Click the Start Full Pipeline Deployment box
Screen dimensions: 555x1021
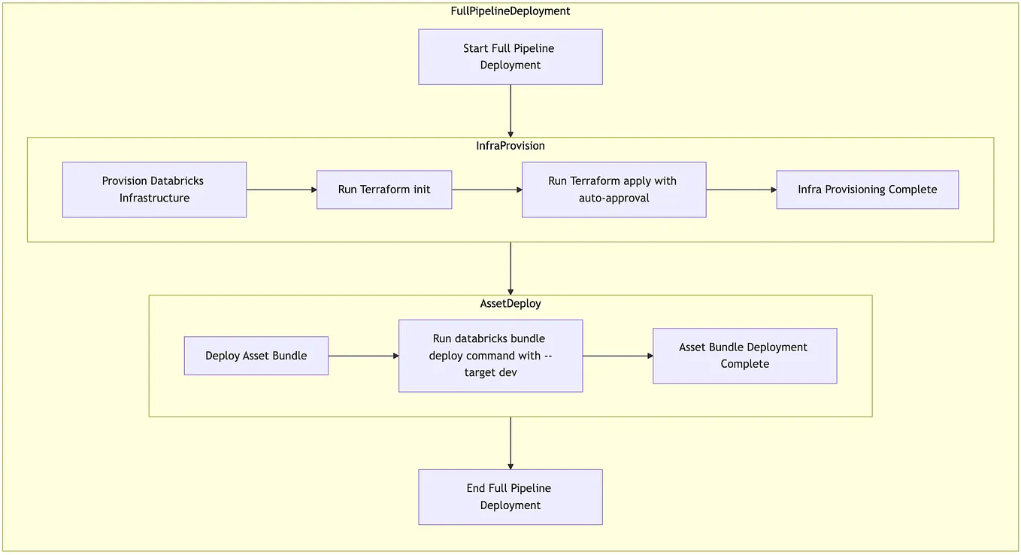click(x=510, y=57)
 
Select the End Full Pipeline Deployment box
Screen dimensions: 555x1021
click(x=510, y=497)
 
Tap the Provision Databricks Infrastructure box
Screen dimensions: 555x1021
click(x=154, y=190)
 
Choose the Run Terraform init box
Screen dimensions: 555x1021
click(x=384, y=190)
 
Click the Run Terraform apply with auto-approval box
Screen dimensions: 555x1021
click(x=614, y=190)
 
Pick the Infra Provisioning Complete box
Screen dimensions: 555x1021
click(x=867, y=190)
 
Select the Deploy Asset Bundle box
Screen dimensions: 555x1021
click(x=256, y=356)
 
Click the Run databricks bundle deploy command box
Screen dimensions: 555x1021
click(x=490, y=356)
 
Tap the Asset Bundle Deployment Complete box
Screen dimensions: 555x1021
click(x=744, y=356)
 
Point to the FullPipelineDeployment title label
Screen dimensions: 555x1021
click(x=510, y=11)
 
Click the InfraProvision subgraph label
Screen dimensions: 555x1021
click(x=510, y=146)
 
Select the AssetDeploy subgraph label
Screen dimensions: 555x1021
click(x=510, y=304)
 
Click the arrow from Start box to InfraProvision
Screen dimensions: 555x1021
click(x=510, y=111)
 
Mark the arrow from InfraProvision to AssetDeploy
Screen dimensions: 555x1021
click(x=510, y=268)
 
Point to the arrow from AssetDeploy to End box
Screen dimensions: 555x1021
click(x=510, y=443)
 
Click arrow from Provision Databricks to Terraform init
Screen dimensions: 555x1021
click(x=281, y=190)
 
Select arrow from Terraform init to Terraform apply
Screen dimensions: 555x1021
click(x=486, y=190)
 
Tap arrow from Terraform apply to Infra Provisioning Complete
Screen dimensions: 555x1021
click(x=741, y=190)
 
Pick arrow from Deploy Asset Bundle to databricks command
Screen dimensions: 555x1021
click(x=363, y=356)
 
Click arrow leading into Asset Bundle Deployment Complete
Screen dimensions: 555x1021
click(x=617, y=356)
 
